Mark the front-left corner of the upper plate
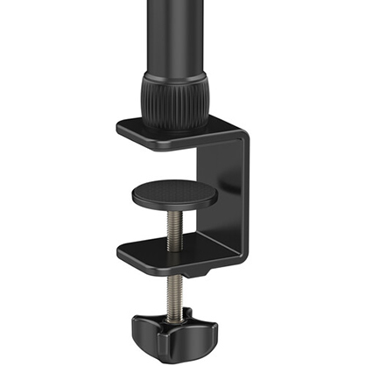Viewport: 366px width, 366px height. (119, 130)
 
